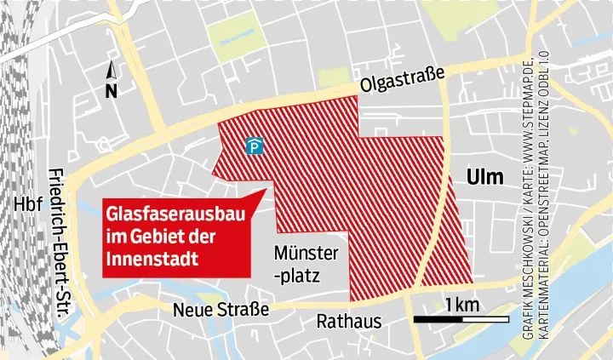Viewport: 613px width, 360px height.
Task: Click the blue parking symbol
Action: [x=254, y=147]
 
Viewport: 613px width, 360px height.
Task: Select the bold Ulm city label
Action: [x=485, y=177]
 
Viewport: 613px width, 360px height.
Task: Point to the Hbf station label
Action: [x=28, y=206]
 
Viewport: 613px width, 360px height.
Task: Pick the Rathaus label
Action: [x=349, y=322]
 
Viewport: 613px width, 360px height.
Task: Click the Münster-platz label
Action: [x=306, y=265]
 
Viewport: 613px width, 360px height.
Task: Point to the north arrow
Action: [x=111, y=71]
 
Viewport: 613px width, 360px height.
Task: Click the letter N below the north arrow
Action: [x=111, y=91]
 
